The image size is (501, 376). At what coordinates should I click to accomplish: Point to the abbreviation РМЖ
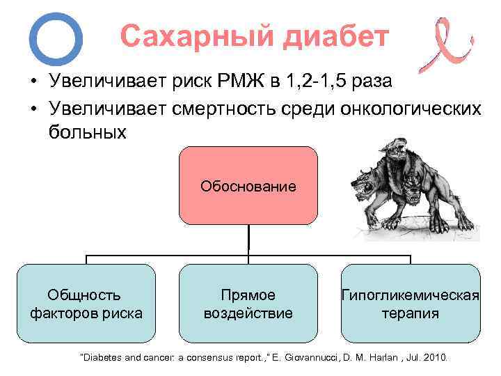239,82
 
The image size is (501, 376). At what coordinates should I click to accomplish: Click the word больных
88,132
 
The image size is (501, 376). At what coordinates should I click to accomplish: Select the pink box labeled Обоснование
248,186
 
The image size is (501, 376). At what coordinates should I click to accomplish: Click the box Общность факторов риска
86,304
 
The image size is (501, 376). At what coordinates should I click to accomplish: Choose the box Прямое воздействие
248,304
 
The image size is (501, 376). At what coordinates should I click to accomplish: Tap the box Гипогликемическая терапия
411,304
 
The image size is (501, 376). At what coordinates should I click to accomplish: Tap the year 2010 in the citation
438,358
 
